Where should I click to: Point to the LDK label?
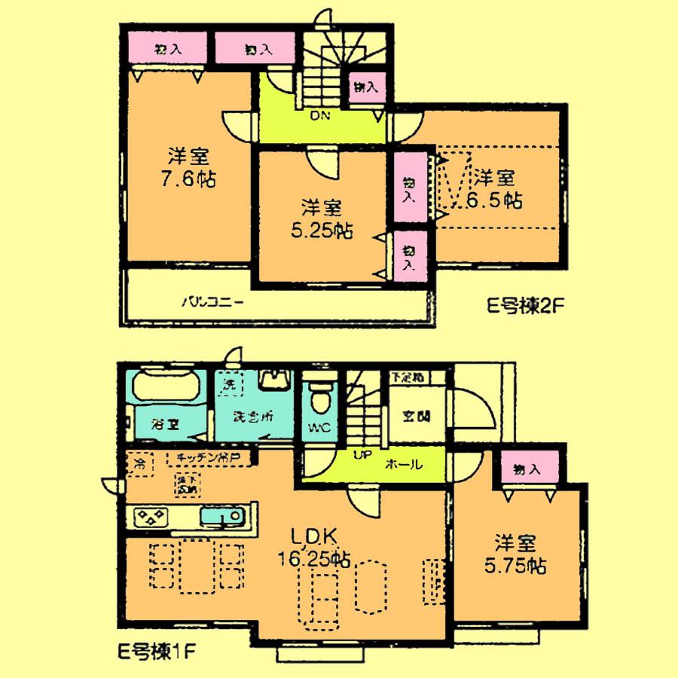pos(319,536)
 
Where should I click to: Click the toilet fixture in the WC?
pos(320,399)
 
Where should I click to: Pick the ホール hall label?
pos(403,466)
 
